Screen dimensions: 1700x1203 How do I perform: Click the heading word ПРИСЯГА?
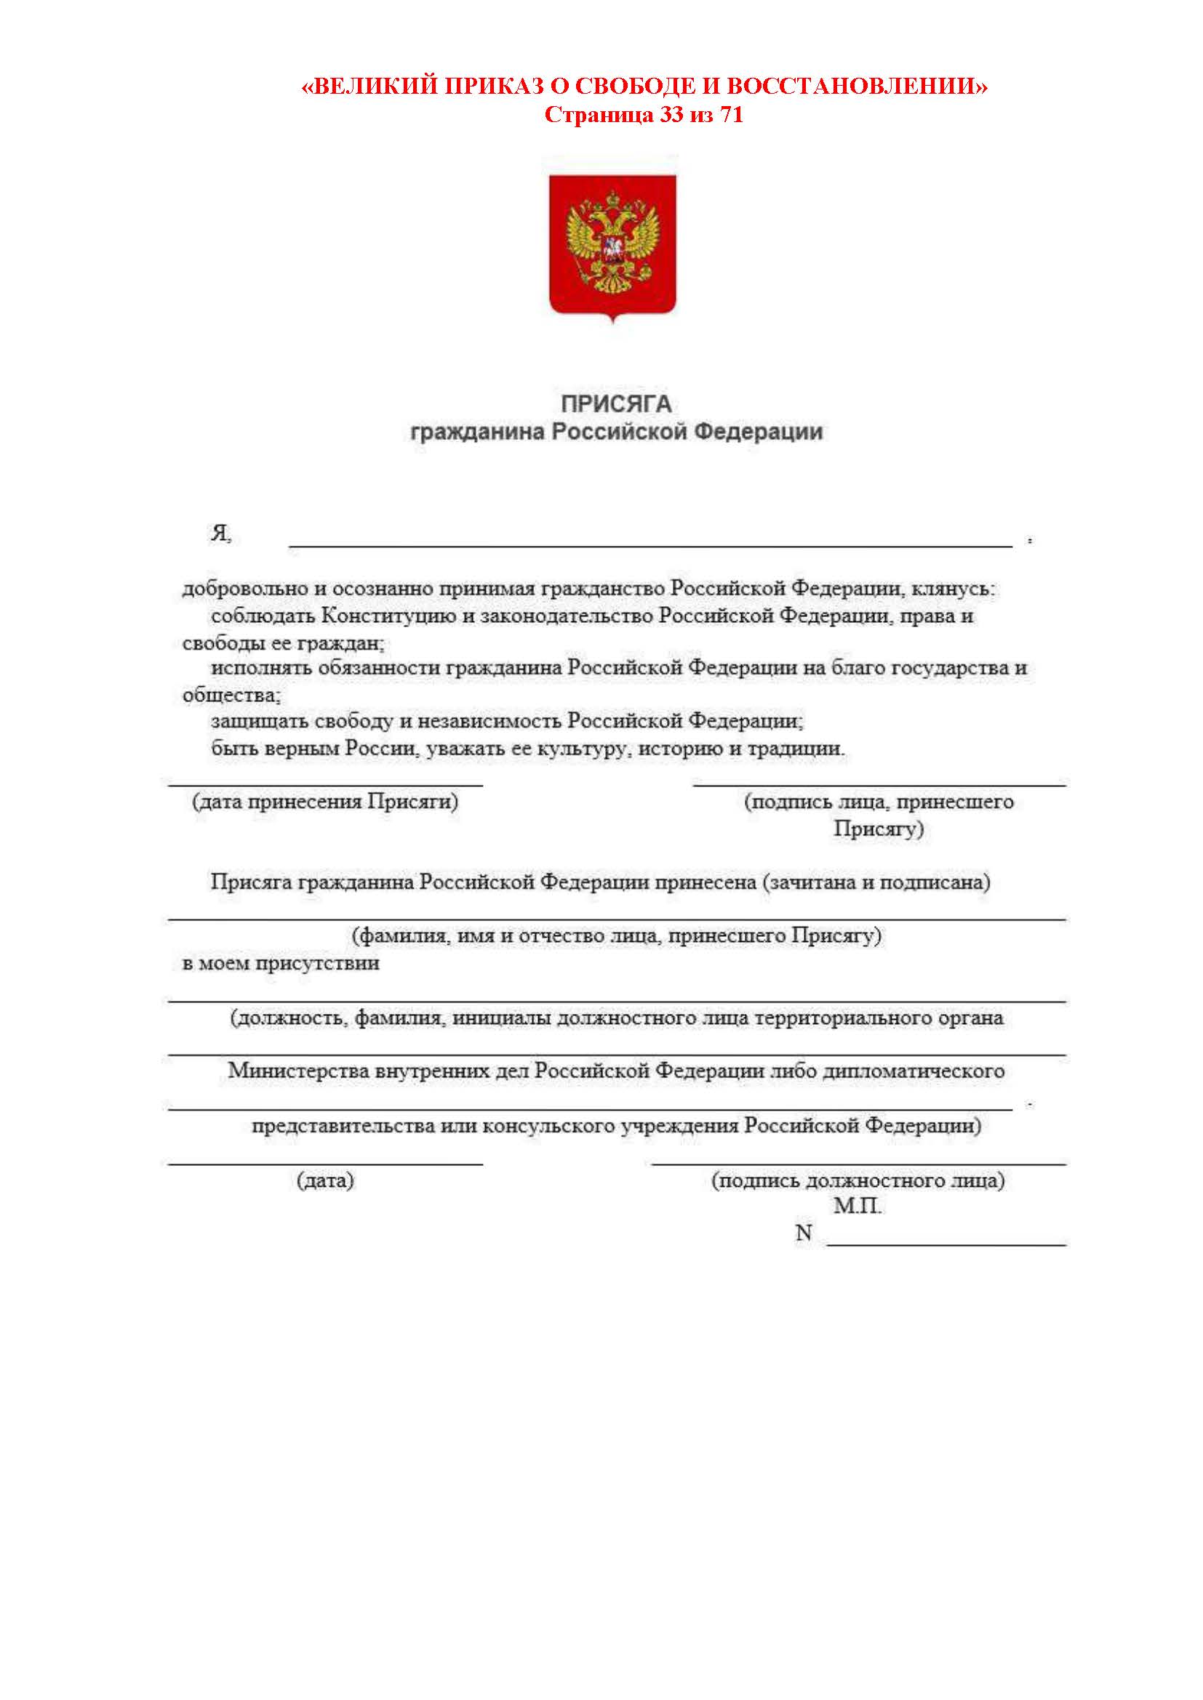616,404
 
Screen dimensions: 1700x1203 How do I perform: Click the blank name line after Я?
650,545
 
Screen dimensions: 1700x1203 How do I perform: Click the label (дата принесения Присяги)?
325,801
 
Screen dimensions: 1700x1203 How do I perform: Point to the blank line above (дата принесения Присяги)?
326,784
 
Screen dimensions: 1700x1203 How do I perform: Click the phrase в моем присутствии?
281,963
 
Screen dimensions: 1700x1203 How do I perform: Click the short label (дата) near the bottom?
325,1180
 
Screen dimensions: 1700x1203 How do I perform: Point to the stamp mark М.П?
857,1206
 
